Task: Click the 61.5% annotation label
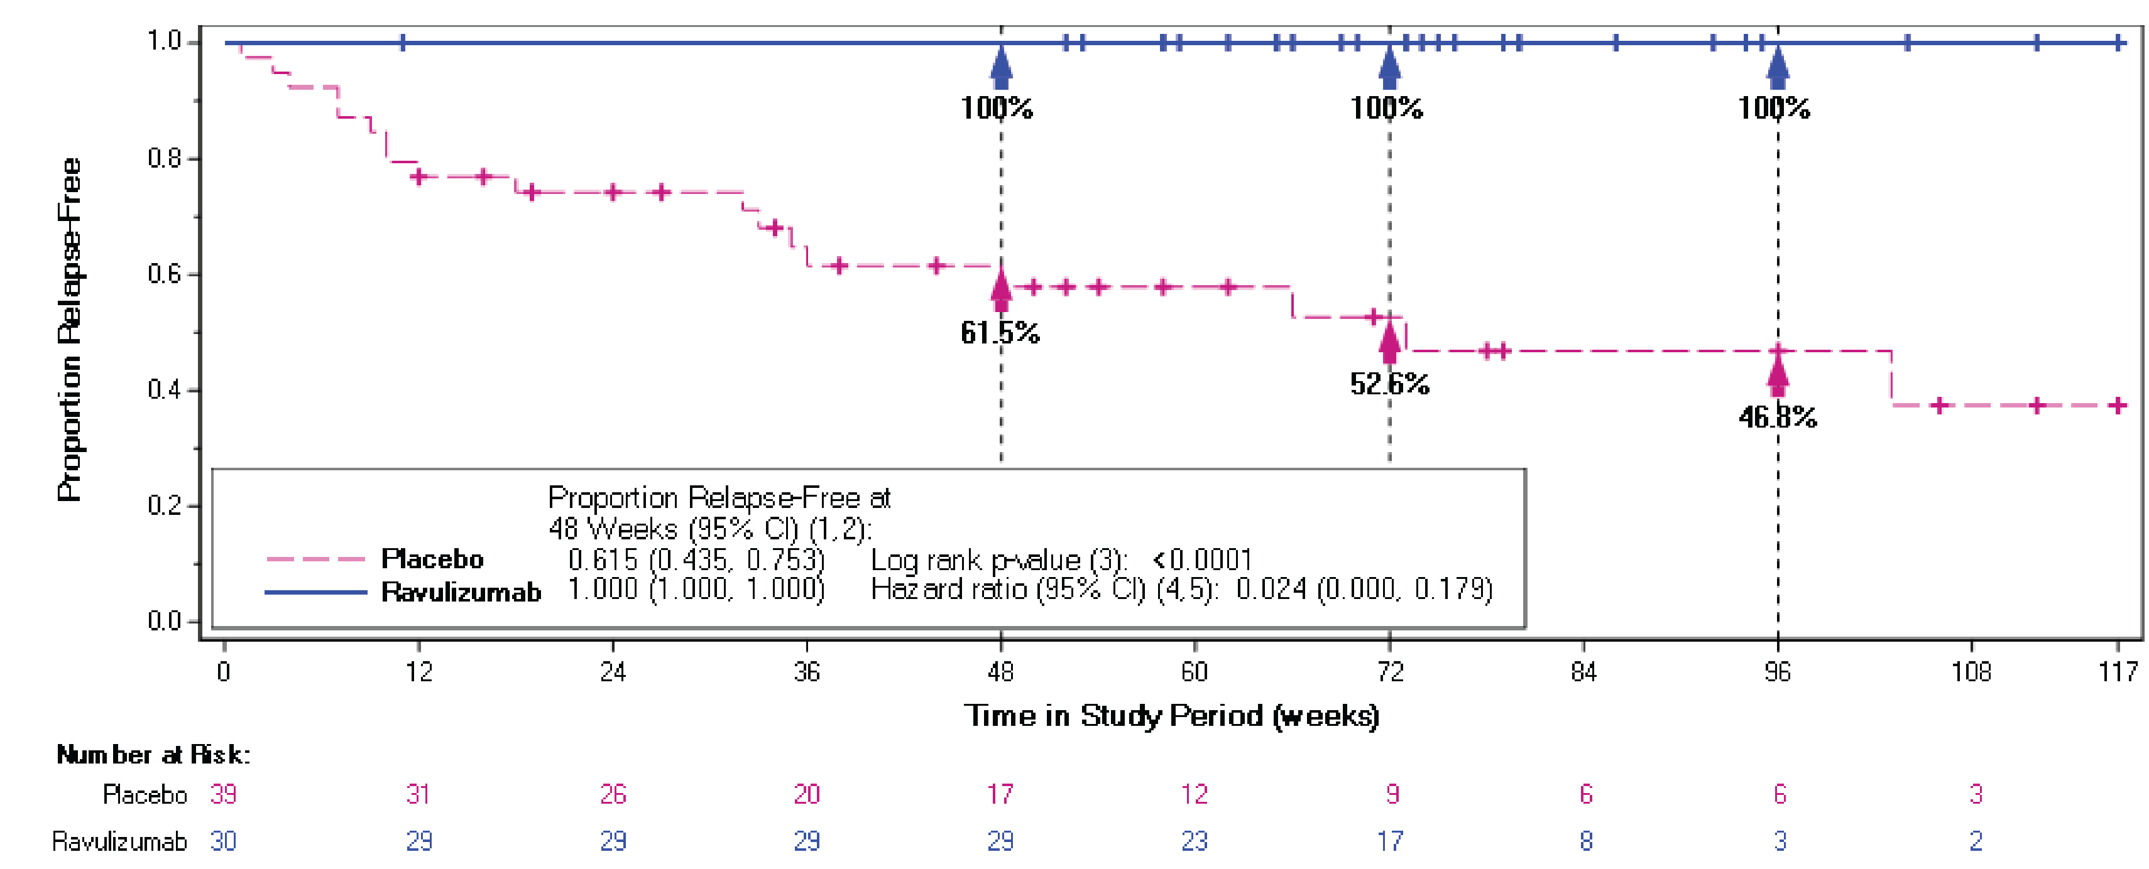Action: (x=1000, y=333)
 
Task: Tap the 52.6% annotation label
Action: (x=1389, y=384)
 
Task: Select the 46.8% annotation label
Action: (x=1777, y=416)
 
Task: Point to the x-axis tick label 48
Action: (x=1000, y=671)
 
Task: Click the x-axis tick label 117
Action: (x=2118, y=671)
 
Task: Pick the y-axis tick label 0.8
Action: (x=165, y=158)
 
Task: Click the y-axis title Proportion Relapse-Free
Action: (x=69, y=330)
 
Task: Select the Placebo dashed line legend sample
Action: (x=315, y=559)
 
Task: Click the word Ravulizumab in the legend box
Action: (x=461, y=592)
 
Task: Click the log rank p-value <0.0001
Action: (x=1202, y=559)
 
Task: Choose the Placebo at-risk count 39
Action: (x=222, y=794)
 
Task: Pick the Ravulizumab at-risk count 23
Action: (x=1194, y=841)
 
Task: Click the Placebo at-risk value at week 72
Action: (x=1392, y=794)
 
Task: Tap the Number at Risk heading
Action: (x=153, y=755)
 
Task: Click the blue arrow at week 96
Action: (x=1778, y=68)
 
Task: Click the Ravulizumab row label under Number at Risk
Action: (x=119, y=841)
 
